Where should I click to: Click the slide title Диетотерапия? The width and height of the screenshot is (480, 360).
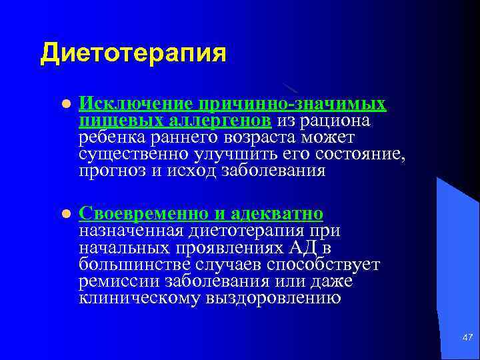[133, 53]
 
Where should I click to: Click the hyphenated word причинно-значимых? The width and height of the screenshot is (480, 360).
[291, 104]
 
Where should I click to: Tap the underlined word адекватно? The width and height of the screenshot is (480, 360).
[277, 213]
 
